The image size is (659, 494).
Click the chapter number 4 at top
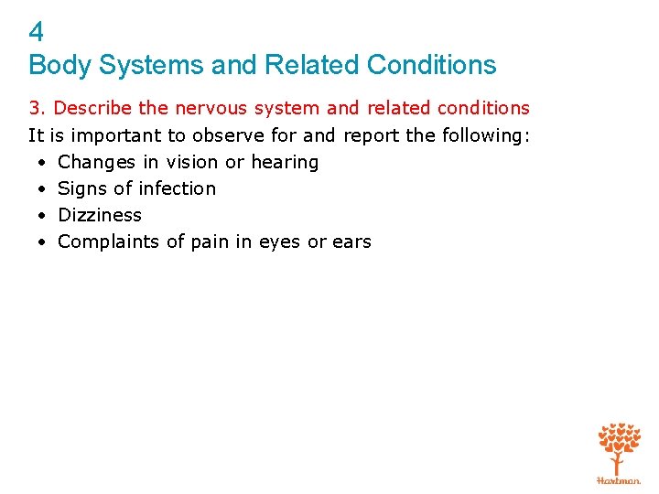point(37,32)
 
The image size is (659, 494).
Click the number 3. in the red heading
point(37,108)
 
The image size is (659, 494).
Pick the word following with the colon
point(486,135)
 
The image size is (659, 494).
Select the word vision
point(192,162)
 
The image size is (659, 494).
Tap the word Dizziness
point(100,215)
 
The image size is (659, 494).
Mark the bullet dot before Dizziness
point(43,216)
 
